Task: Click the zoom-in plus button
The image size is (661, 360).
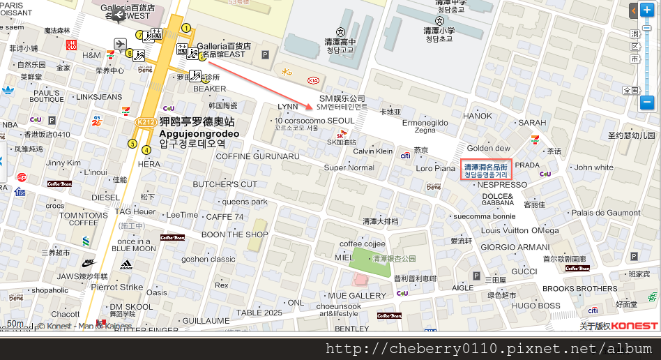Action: tap(646, 11)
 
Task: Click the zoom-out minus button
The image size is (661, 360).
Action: tap(646, 103)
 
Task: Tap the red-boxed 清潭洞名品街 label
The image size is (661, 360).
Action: tap(486, 171)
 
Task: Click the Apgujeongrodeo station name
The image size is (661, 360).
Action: tap(199, 133)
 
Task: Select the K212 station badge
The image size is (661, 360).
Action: tap(146, 121)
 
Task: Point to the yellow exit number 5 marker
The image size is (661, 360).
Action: tap(132, 144)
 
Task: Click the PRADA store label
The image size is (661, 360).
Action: tap(527, 165)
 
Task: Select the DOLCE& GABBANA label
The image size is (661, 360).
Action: tap(497, 200)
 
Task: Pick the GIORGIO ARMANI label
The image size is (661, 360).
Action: tap(515, 247)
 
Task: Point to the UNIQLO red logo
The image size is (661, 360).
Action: tap(70, 45)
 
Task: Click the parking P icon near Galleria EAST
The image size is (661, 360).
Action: tap(264, 54)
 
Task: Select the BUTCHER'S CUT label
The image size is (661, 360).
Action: tap(225, 184)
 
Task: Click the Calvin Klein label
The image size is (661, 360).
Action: tap(373, 151)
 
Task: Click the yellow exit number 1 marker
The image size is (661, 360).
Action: tap(186, 28)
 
